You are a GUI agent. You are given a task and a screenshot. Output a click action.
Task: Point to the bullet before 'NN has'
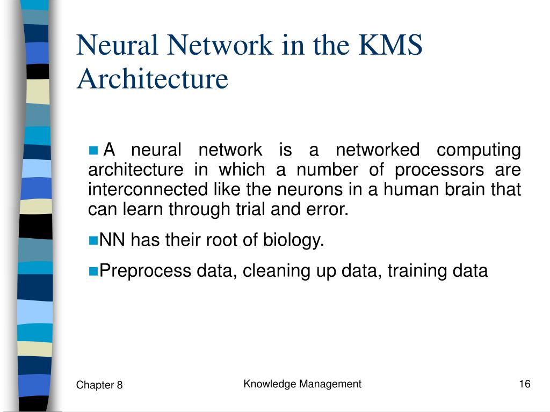(x=93, y=240)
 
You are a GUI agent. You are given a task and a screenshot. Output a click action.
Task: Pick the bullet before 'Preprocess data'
(x=93, y=271)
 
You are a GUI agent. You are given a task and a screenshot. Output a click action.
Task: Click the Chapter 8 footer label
(x=99, y=385)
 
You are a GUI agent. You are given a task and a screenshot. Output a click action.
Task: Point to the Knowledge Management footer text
(x=302, y=384)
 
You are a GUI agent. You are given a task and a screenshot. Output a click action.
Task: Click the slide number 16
(x=525, y=384)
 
